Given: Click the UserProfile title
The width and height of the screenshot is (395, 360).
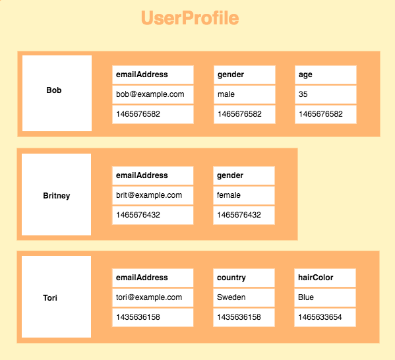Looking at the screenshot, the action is (x=190, y=18).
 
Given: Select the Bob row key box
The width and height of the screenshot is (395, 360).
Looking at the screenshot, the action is (x=57, y=93).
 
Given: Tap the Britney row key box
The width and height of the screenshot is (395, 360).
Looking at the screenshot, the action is (x=57, y=195).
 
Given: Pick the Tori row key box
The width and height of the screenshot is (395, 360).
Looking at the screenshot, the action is (x=57, y=297).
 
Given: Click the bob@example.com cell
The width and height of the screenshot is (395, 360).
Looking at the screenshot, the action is (x=153, y=94).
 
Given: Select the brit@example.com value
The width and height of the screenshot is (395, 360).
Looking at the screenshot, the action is (x=153, y=195).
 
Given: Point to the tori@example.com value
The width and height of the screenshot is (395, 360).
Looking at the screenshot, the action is (x=153, y=297).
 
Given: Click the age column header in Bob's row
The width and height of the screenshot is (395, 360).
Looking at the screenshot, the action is (x=326, y=75).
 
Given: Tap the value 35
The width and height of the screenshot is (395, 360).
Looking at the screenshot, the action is (x=326, y=94).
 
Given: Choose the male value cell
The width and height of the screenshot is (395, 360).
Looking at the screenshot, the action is (x=245, y=94).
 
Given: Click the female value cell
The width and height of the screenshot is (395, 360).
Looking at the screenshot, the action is (x=244, y=195).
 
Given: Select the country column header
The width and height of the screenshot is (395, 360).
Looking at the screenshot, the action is (x=244, y=278).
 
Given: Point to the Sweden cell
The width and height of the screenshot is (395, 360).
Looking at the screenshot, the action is (x=244, y=297).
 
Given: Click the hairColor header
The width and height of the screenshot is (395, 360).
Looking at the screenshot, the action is (x=325, y=278).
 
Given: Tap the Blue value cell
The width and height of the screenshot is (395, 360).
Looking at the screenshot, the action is (x=325, y=297).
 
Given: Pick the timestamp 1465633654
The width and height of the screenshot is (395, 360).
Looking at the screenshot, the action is (x=325, y=317).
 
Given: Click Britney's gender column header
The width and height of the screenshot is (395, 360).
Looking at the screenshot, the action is (x=244, y=175).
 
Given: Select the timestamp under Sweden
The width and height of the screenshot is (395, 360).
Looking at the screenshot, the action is (x=244, y=317).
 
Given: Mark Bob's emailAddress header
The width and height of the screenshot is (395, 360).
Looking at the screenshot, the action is (x=153, y=75).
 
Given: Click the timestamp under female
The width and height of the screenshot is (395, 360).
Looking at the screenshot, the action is (x=244, y=215).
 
